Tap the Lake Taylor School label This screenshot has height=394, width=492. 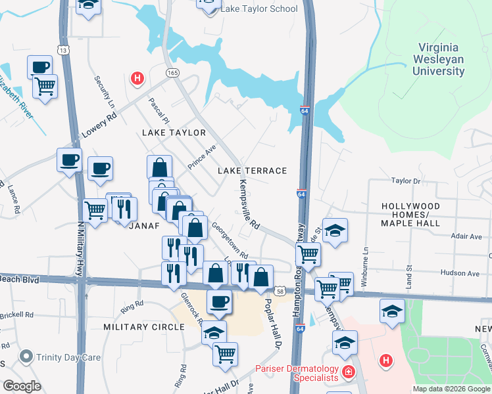tap(258, 9)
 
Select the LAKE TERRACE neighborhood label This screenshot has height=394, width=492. tap(253, 171)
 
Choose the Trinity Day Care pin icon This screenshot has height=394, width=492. tap(26, 357)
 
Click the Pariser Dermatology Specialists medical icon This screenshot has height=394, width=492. tap(347, 373)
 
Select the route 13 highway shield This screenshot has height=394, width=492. tap(63, 50)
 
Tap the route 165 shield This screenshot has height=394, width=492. tap(172, 73)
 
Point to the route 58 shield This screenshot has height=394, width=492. tap(281, 290)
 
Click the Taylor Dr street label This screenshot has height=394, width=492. tap(406, 181)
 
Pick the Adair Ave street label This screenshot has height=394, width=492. tap(466, 236)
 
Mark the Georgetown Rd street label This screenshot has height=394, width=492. tap(230, 240)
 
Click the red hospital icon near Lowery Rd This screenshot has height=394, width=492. tap(137, 79)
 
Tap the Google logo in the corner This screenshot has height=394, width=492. tap(22, 385)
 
